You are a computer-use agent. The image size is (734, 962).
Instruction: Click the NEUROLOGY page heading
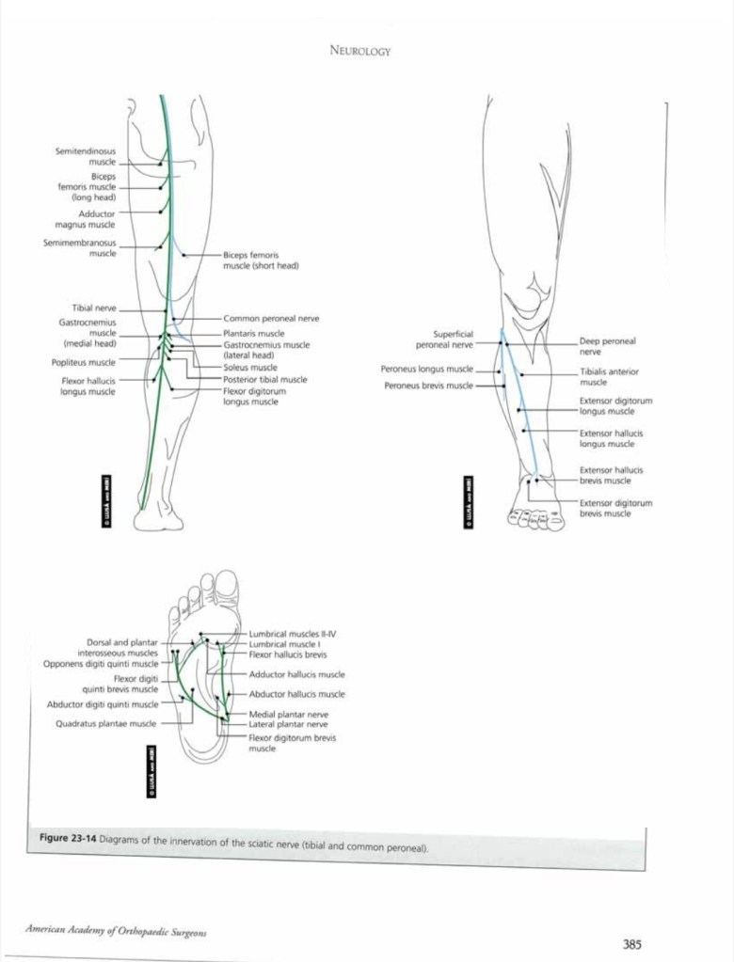point(360,52)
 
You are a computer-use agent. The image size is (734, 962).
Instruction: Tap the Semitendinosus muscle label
point(85,156)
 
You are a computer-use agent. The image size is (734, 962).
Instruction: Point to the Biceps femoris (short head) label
point(261,260)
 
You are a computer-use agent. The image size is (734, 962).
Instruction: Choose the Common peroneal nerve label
point(271,319)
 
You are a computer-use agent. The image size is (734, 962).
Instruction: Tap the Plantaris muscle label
point(253,334)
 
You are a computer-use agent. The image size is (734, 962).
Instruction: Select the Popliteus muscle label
point(84,362)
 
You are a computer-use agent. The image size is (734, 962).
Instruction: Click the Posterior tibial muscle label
point(264,379)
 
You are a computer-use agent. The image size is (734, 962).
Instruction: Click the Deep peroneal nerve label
point(607,345)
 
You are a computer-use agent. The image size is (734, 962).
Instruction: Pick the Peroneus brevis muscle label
point(428,386)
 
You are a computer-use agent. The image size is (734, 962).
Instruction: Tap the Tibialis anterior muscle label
point(608,376)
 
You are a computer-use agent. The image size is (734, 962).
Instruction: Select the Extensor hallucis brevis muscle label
point(611,475)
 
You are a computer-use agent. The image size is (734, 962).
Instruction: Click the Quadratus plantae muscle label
point(105,724)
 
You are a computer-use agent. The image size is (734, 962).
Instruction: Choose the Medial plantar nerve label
point(288,715)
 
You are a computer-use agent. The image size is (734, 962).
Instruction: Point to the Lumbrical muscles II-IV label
point(293,634)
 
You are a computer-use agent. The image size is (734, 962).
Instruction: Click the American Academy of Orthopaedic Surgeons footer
point(116,931)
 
